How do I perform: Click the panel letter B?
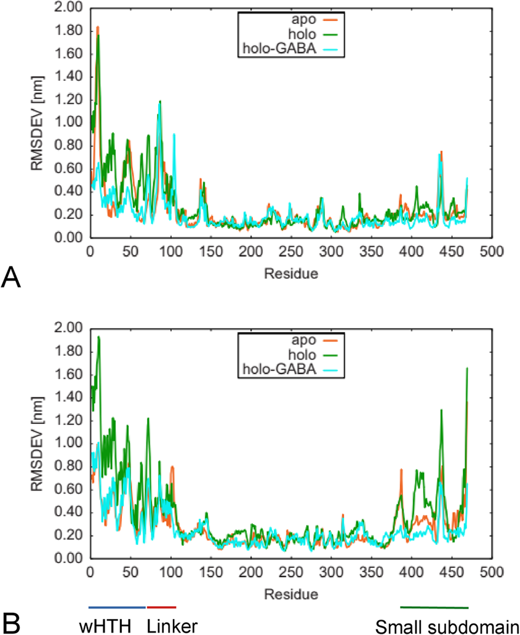tap(12, 621)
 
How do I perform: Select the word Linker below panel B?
tap(172, 626)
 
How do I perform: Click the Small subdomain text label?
tap(447, 626)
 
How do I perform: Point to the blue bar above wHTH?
tap(117, 607)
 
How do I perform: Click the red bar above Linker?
tap(161, 607)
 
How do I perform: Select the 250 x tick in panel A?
tap(290, 252)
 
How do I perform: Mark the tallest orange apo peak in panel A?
tap(97, 27)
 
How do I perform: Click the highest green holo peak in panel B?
tap(98, 337)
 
